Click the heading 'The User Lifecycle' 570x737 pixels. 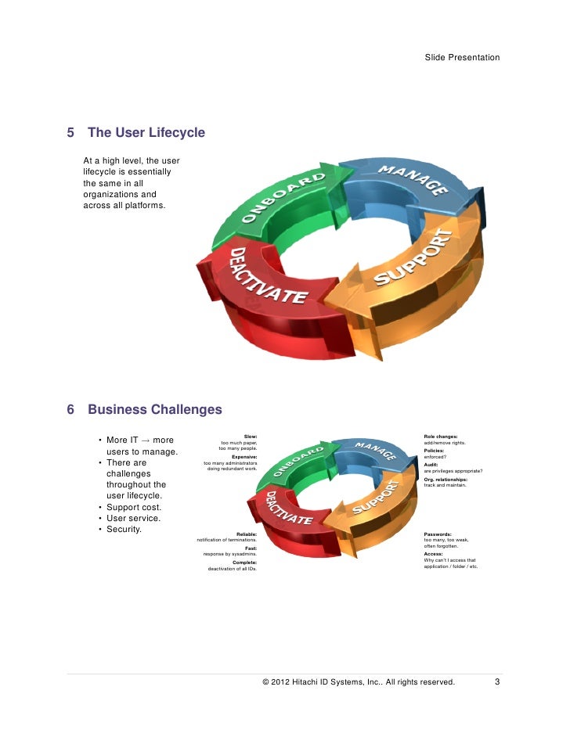146,133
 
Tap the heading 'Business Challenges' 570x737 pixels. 154,409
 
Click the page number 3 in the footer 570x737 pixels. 497,682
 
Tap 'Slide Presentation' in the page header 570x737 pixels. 462,58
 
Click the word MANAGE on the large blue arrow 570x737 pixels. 413,181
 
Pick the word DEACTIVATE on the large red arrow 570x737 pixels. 265,276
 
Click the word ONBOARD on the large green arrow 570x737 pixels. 283,199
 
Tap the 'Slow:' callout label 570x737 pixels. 251,436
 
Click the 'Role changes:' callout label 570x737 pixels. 441,436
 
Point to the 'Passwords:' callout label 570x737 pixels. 437,534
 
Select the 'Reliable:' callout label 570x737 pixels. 247,534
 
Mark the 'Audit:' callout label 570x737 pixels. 431,465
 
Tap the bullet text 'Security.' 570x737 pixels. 124,529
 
